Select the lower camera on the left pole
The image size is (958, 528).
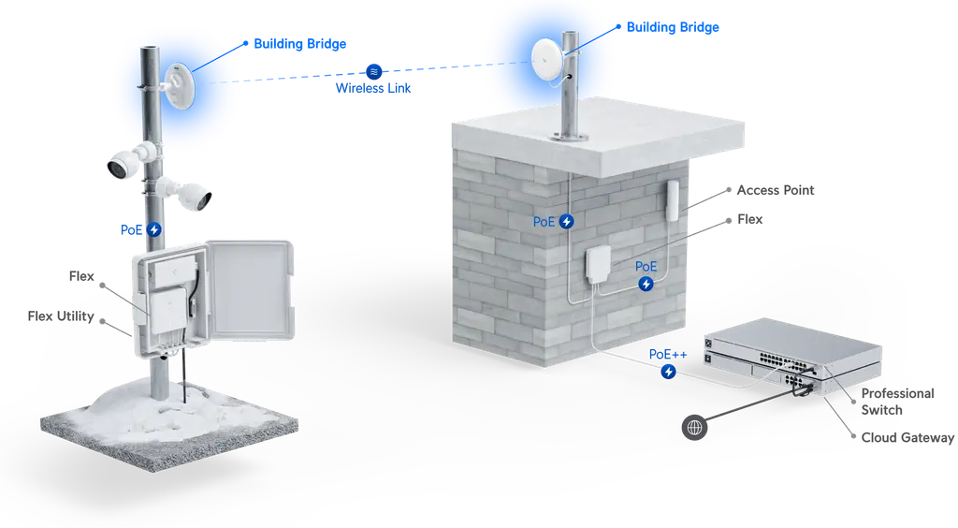[x=193, y=195]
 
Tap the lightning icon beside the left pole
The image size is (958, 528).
[x=153, y=229]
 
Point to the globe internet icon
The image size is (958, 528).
[x=694, y=428]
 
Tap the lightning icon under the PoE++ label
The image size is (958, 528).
[x=668, y=372]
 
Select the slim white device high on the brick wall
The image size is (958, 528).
[x=673, y=199]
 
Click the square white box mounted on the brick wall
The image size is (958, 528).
[x=598, y=266]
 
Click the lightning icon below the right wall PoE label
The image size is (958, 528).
[x=646, y=284]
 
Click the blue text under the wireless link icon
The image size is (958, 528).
[x=373, y=90]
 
